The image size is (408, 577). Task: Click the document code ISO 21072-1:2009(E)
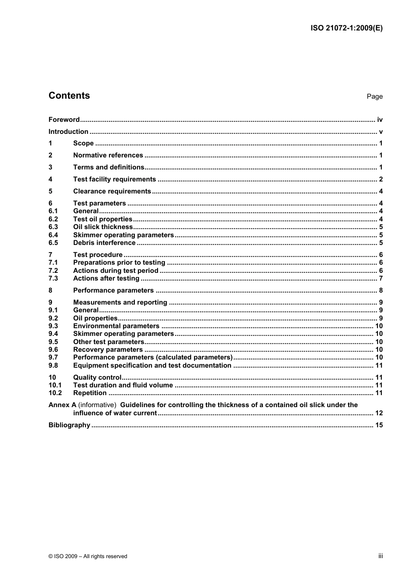346,28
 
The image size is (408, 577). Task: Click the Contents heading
69,96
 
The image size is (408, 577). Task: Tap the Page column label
375,97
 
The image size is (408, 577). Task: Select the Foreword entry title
64,120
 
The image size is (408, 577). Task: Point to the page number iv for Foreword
380,120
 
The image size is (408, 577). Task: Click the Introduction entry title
68,132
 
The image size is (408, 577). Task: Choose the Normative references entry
108,155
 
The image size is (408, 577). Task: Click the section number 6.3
53,227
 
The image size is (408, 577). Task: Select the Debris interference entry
104,243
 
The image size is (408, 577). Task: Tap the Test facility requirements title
114,179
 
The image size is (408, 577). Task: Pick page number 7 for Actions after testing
381,278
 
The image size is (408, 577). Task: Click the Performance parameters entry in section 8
113,290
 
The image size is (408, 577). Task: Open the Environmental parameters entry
116,326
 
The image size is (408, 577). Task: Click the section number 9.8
53,366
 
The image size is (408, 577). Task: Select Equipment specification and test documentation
152,366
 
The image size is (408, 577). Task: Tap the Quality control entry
97,378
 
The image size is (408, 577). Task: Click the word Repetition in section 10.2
90,393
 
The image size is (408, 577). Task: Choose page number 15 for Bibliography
379,425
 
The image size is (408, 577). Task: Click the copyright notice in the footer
88,556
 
